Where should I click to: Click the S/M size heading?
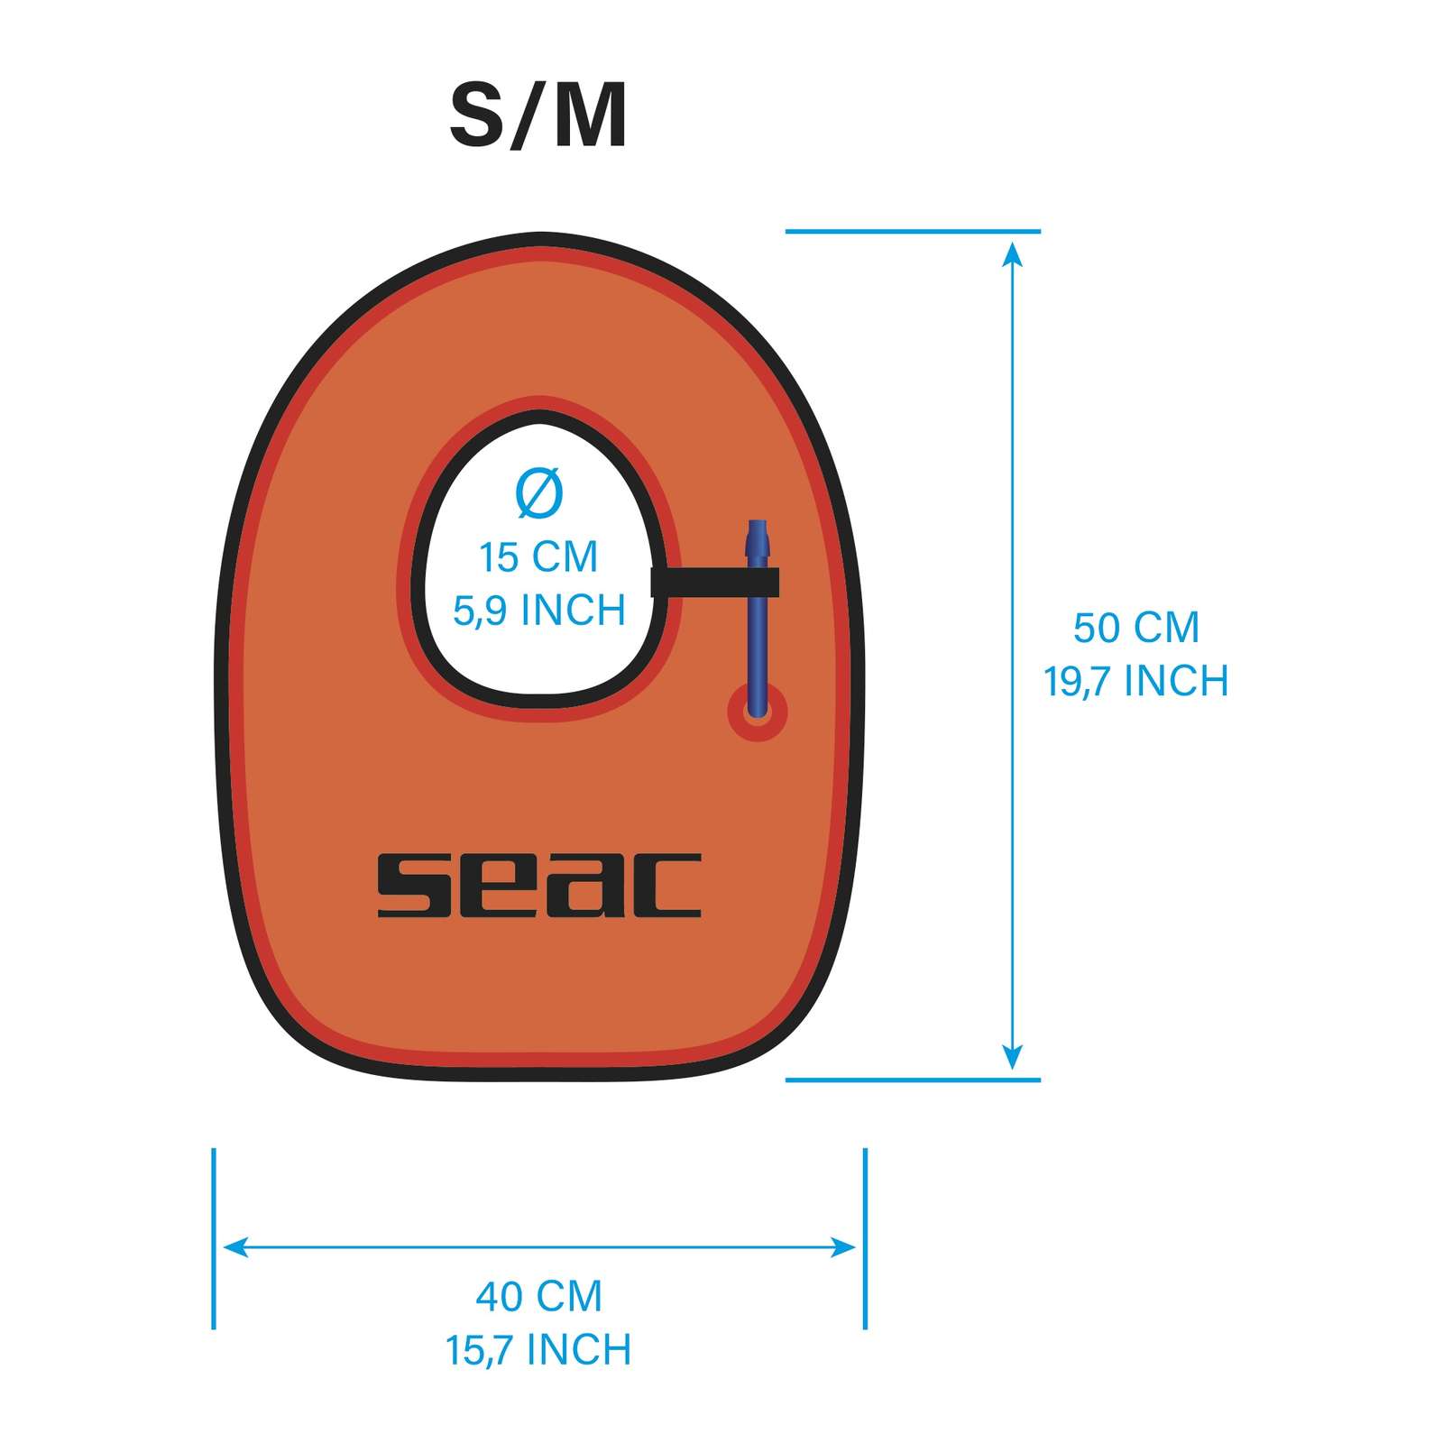(538, 116)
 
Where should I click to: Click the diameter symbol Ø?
(539, 494)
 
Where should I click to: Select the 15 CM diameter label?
(538, 556)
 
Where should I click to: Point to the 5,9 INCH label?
(539, 611)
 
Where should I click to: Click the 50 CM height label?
(1136, 627)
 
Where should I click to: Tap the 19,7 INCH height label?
(1136, 681)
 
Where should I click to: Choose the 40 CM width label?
(539, 1296)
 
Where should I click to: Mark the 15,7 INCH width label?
(539, 1350)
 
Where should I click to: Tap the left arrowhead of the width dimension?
(234, 1247)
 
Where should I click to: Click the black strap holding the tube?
(715, 583)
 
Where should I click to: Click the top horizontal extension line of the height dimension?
(913, 232)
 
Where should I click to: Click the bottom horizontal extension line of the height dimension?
(913, 1080)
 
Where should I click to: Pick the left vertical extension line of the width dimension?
(214, 1238)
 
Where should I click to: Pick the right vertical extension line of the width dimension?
(865, 1238)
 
